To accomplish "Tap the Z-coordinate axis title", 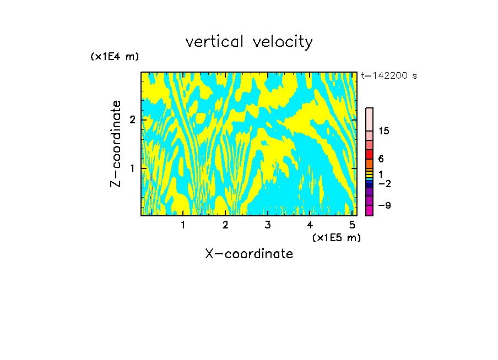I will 116,144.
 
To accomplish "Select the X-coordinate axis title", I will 249,254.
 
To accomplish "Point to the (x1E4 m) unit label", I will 115,57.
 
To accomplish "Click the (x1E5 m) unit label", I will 337,237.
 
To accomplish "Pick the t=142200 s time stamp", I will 389,76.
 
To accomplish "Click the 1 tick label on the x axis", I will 183,225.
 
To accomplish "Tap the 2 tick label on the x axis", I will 225,225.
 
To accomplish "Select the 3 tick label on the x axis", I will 267,225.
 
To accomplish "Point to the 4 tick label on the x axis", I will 310,225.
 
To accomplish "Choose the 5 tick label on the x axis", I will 351,225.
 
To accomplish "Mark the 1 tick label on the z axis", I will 132,168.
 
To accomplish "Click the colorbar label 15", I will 385,131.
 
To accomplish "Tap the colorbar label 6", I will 381,159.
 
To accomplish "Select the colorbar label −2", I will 385,184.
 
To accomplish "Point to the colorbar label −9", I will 385,206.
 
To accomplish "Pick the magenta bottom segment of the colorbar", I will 370,210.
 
